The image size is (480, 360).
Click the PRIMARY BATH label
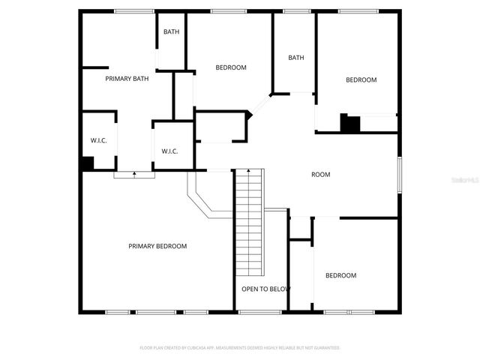127,79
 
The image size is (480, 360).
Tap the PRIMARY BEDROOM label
157,246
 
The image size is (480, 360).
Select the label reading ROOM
320,175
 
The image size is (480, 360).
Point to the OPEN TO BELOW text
265,289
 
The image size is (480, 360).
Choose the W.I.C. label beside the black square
99,140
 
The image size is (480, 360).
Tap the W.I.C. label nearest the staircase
170,151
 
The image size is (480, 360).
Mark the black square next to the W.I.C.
87,163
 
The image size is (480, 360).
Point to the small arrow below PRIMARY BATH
134,174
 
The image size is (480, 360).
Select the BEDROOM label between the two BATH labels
231,67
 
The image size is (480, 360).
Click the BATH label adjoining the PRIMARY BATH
172,31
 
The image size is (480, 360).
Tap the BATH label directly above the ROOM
296,58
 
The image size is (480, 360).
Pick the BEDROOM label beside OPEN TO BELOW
340,275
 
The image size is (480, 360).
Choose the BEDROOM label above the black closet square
361,79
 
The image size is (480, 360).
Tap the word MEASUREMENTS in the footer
228,348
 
